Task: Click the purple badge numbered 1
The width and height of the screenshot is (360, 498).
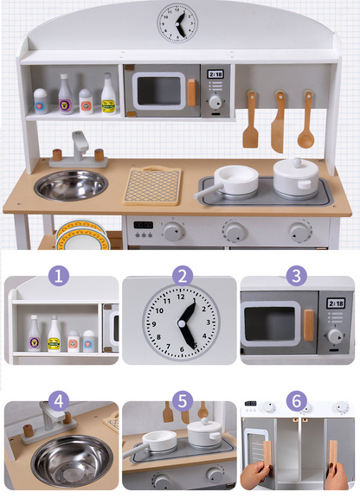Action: (x=58, y=278)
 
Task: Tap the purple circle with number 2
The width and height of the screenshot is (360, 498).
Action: (x=181, y=277)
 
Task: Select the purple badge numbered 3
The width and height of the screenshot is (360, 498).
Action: (x=297, y=277)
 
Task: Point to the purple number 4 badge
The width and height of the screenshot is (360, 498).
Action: (x=58, y=402)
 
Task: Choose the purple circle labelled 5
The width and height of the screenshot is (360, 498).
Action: (x=181, y=401)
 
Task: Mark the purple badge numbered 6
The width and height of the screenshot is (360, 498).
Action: (x=297, y=401)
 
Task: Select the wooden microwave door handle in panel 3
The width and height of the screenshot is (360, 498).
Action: (x=309, y=324)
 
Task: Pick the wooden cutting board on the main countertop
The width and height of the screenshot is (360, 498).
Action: (x=152, y=184)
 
